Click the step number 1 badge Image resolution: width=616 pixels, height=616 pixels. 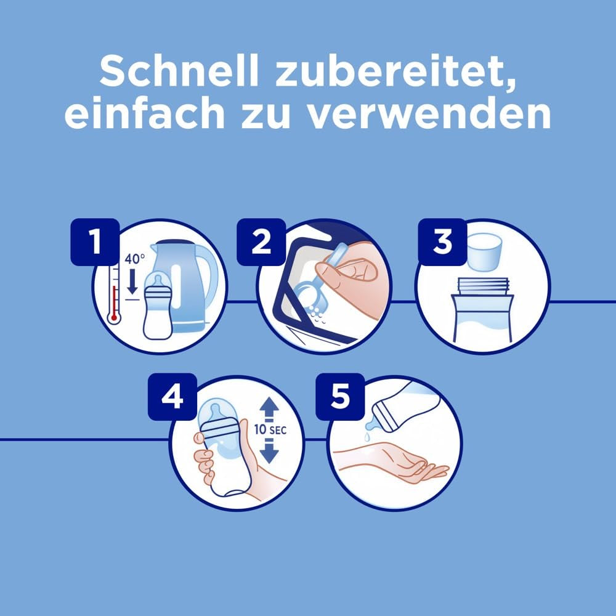95,242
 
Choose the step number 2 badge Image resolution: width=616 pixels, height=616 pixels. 261,242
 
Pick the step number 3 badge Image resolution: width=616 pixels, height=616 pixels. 442,242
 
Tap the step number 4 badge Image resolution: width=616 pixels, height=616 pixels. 172,397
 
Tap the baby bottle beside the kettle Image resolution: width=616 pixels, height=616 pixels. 157,308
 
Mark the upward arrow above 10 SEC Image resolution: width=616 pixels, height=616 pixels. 270,408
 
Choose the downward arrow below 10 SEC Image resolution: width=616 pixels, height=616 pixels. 270,453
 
